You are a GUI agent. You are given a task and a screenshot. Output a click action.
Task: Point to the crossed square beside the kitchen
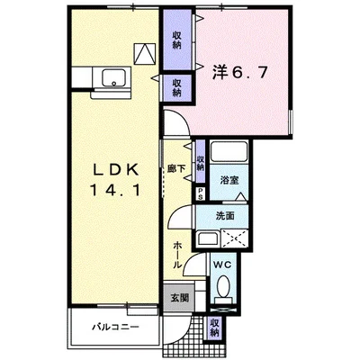coord(144,53)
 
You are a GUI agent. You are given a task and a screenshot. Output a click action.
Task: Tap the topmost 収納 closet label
coord(177,38)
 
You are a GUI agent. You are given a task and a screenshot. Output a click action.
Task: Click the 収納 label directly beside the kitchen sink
coord(177,86)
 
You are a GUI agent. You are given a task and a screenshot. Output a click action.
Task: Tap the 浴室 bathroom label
coord(230,180)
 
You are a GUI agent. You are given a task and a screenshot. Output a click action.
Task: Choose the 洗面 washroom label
coord(226,216)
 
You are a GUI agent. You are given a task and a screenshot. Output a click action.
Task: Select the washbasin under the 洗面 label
coord(207,238)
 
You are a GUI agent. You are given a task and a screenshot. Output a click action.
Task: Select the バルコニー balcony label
coord(112,326)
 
